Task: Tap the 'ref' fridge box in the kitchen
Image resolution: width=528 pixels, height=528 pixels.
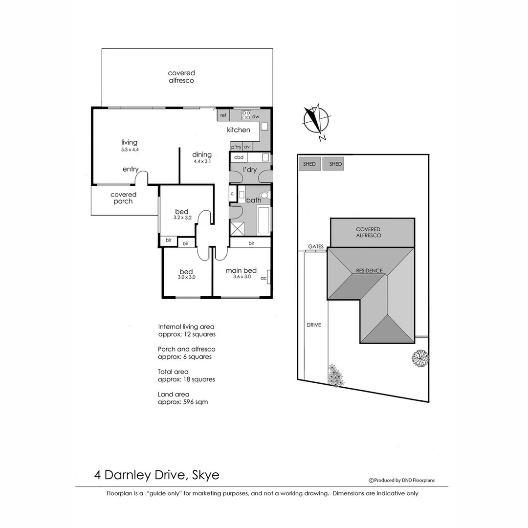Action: point(223,115)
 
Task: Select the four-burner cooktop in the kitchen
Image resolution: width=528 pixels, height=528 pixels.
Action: point(246,115)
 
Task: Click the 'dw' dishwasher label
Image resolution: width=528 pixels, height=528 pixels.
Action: point(256,116)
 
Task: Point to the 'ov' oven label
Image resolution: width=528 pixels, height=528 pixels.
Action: point(247,147)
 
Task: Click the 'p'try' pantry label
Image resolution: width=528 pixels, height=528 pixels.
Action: point(237,147)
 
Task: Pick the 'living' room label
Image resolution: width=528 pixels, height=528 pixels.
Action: point(130,142)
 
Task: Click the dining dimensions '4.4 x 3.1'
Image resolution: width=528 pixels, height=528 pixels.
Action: point(202,161)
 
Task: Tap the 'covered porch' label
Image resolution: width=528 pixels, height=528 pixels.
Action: point(123,198)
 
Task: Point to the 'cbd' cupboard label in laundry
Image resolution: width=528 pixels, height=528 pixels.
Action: point(239,157)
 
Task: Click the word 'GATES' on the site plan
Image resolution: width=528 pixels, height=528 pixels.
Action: point(316,246)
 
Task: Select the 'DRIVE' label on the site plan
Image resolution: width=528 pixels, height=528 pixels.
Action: point(314,325)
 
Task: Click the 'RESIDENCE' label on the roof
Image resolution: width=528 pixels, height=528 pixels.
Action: point(369,270)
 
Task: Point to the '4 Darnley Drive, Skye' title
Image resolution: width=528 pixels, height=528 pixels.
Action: point(156,475)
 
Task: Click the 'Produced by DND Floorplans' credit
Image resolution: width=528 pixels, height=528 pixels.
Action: point(401,480)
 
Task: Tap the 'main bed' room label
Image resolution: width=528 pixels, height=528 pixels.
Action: point(241,270)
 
